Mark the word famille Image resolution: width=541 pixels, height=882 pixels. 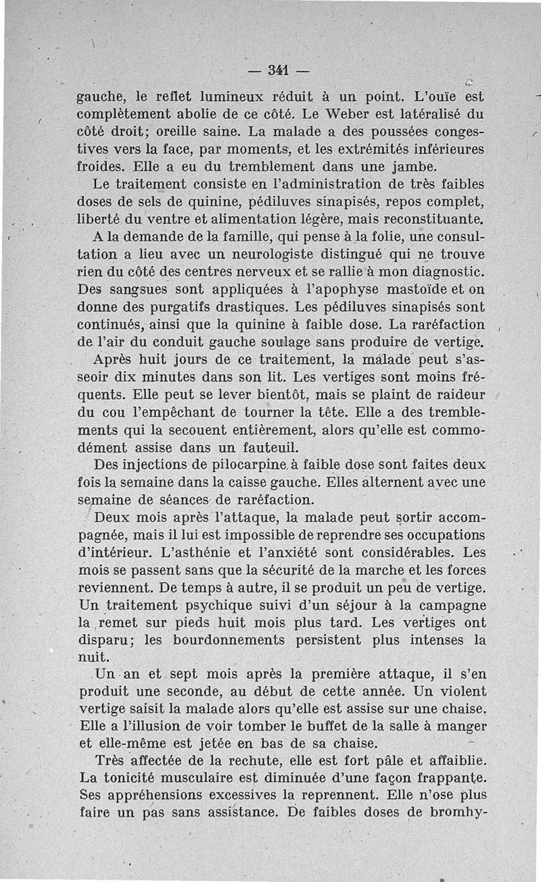pos(241,238)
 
